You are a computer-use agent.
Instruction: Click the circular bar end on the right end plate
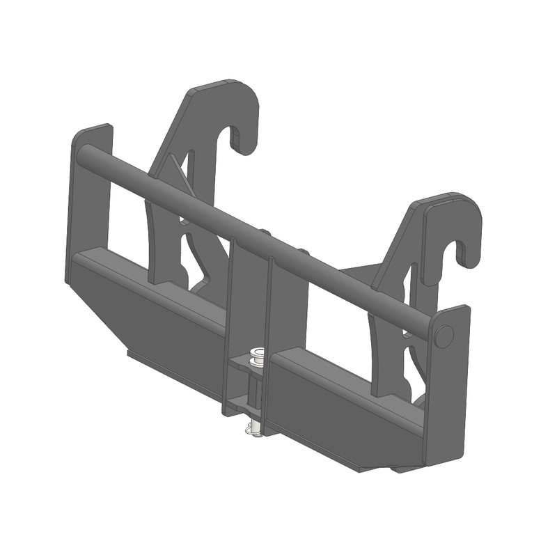point(443,337)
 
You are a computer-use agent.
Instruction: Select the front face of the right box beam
point(341,411)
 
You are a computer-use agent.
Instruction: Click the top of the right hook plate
point(446,198)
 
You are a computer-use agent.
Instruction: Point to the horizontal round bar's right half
point(348,285)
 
